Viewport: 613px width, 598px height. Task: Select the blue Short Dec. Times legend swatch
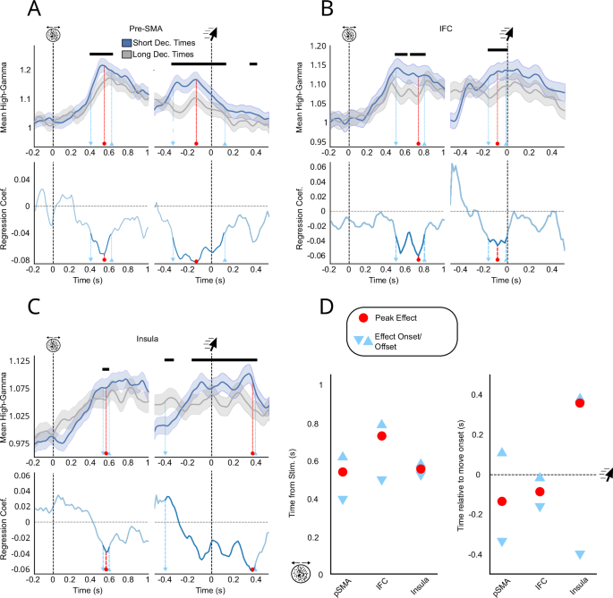click(128, 42)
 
